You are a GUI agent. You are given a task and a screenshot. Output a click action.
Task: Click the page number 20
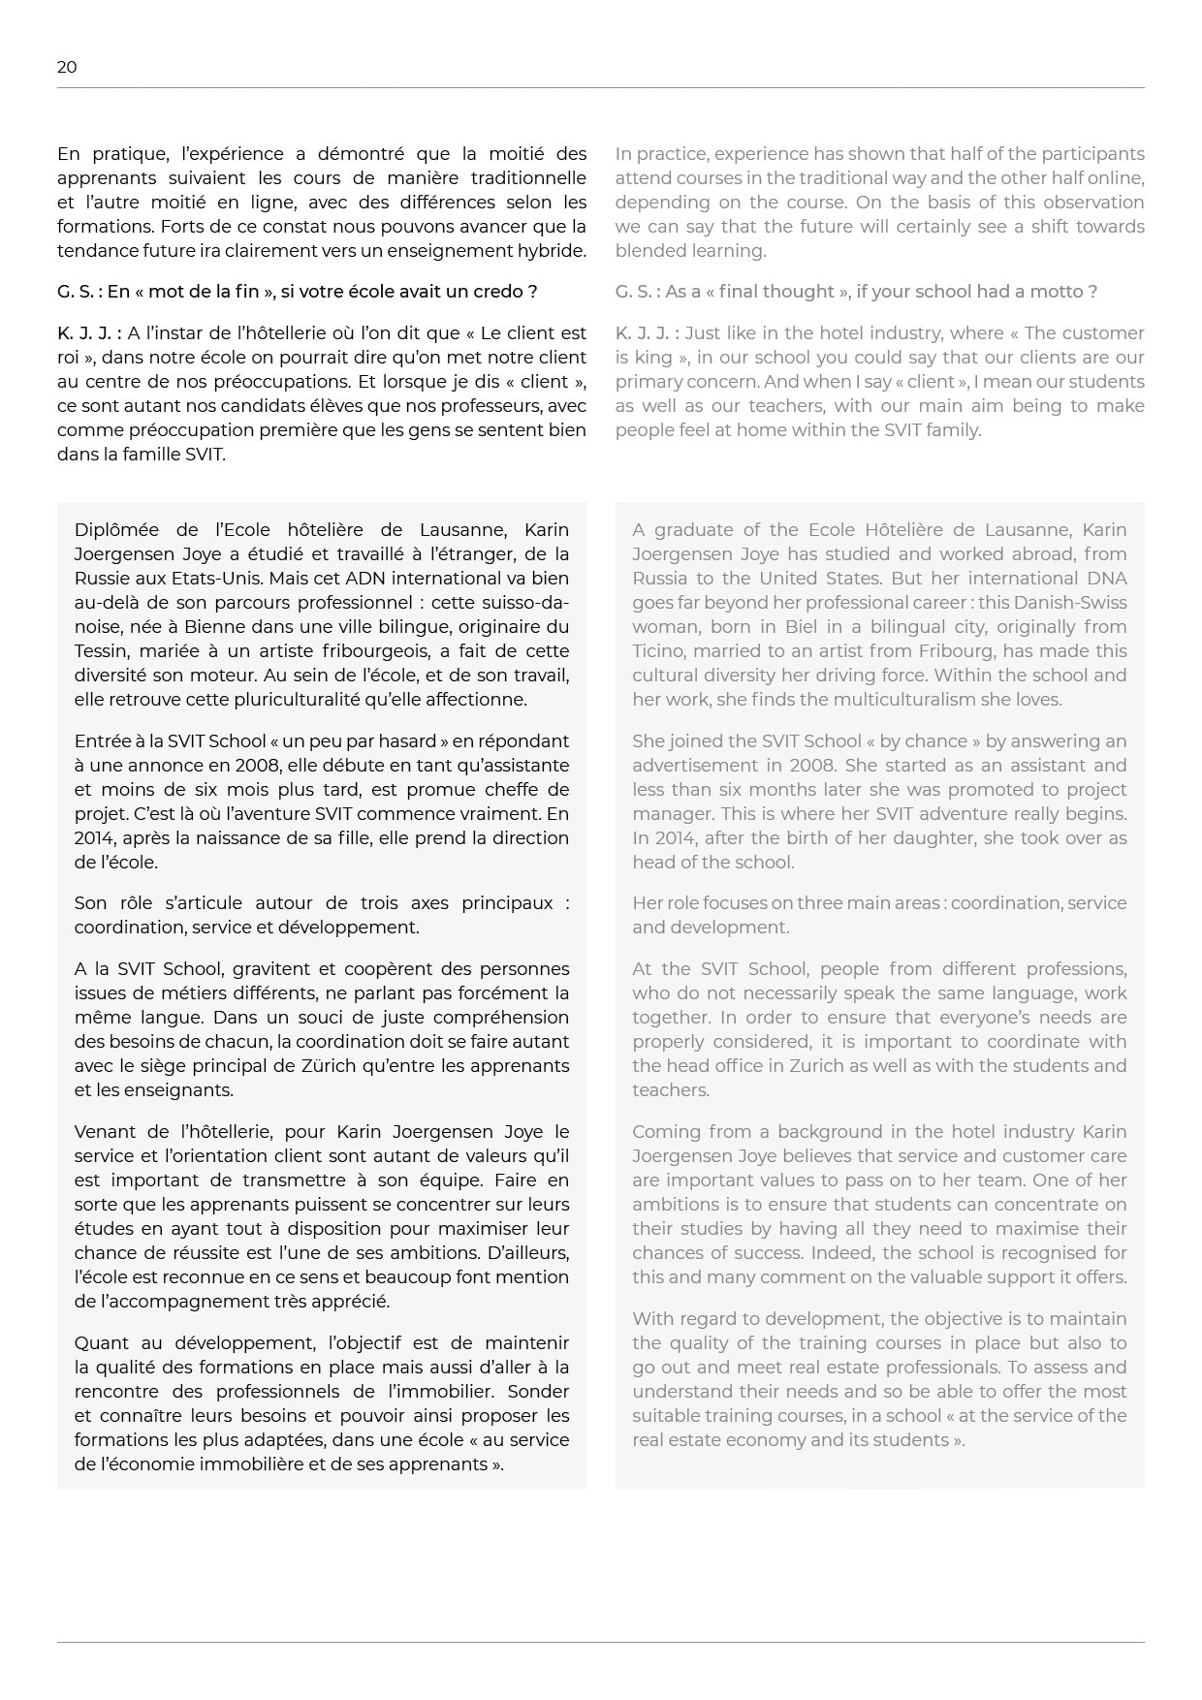[67, 67]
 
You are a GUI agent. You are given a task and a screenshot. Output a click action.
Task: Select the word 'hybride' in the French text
[554, 251]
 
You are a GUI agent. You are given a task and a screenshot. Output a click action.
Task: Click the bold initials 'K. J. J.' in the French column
[88, 333]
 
